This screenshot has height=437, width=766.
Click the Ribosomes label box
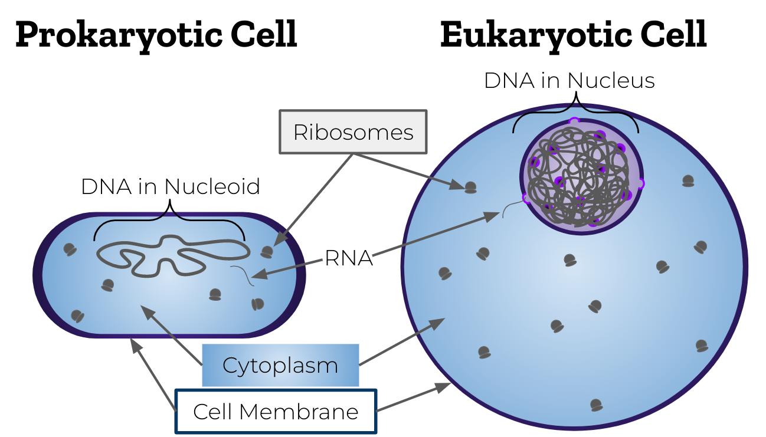coord(353,132)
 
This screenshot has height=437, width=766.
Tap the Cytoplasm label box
coord(280,366)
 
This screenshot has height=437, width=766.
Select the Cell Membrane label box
coord(276,411)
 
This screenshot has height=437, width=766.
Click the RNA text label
coord(349,258)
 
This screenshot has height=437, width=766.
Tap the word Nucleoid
coord(212,186)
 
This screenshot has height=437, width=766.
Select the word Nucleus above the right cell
coord(613,80)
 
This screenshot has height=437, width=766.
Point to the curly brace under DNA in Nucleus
coord(575,112)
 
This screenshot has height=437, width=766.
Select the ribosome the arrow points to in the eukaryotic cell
coord(470,188)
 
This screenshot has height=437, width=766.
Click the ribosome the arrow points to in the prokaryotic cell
coord(267,252)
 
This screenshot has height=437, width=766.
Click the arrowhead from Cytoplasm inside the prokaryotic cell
coord(143,311)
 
